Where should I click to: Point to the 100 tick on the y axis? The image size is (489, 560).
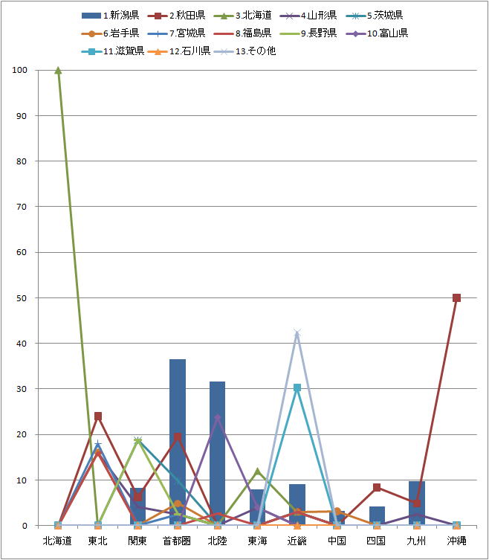click(x=19, y=70)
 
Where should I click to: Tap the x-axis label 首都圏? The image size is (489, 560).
click(x=178, y=541)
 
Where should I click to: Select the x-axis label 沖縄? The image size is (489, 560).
click(x=456, y=541)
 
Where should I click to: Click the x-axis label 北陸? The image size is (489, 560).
click(x=218, y=541)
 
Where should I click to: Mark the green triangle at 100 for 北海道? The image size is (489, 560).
click(x=58, y=70)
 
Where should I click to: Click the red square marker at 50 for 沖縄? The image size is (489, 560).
click(x=456, y=297)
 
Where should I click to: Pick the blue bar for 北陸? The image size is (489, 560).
click(x=218, y=454)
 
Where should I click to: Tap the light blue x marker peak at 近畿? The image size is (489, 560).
click(x=297, y=332)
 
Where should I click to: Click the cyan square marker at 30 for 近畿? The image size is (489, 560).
click(x=297, y=387)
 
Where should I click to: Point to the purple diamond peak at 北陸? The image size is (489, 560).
click(x=218, y=417)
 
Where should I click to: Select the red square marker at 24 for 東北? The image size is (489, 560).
click(x=98, y=416)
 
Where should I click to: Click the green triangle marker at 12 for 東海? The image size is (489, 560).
click(x=258, y=471)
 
